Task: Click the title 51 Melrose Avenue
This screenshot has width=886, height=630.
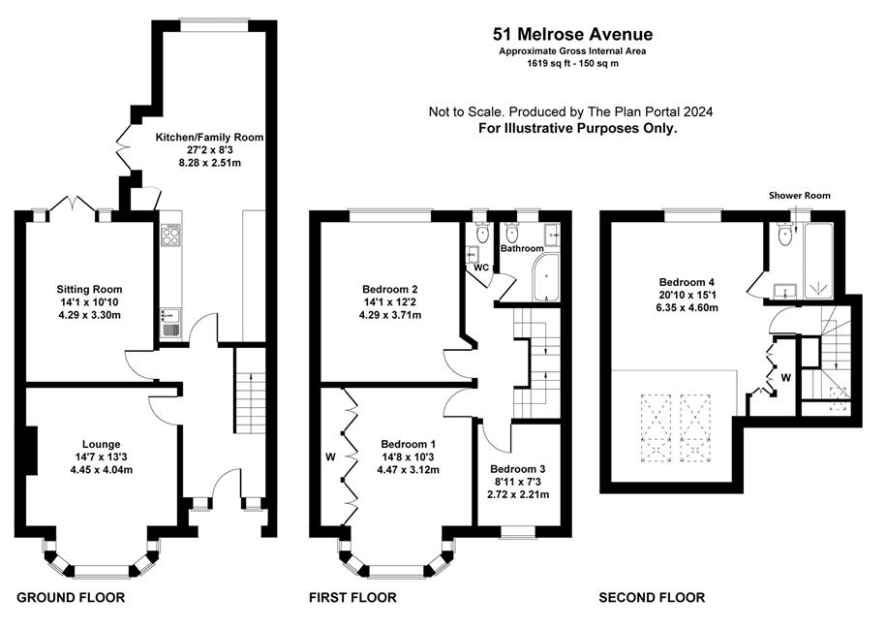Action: click(572, 35)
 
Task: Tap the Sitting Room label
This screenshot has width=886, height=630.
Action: click(89, 290)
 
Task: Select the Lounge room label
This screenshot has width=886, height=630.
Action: click(101, 444)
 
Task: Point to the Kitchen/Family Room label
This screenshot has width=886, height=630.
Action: click(209, 137)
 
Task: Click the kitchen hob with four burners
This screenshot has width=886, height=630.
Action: click(170, 236)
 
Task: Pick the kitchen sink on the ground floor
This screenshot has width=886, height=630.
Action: click(170, 322)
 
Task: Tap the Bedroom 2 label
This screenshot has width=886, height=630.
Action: click(390, 290)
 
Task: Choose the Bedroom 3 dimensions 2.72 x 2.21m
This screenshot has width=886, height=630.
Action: click(518, 494)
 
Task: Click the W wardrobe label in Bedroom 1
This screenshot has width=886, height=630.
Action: click(330, 457)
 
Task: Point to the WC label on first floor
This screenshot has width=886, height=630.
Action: click(481, 268)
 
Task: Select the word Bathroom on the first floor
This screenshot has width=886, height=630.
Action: click(522, 248)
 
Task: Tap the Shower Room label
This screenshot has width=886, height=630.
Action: click(800, 196)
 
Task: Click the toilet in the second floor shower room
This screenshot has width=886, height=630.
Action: click(785, 235)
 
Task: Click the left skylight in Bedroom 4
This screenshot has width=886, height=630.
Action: click(657, 428)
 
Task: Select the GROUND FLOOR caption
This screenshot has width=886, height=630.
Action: click(71, 597)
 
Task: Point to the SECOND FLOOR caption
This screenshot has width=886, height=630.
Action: click(652, 597)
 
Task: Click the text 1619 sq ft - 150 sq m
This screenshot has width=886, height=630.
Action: click(572, 63)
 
